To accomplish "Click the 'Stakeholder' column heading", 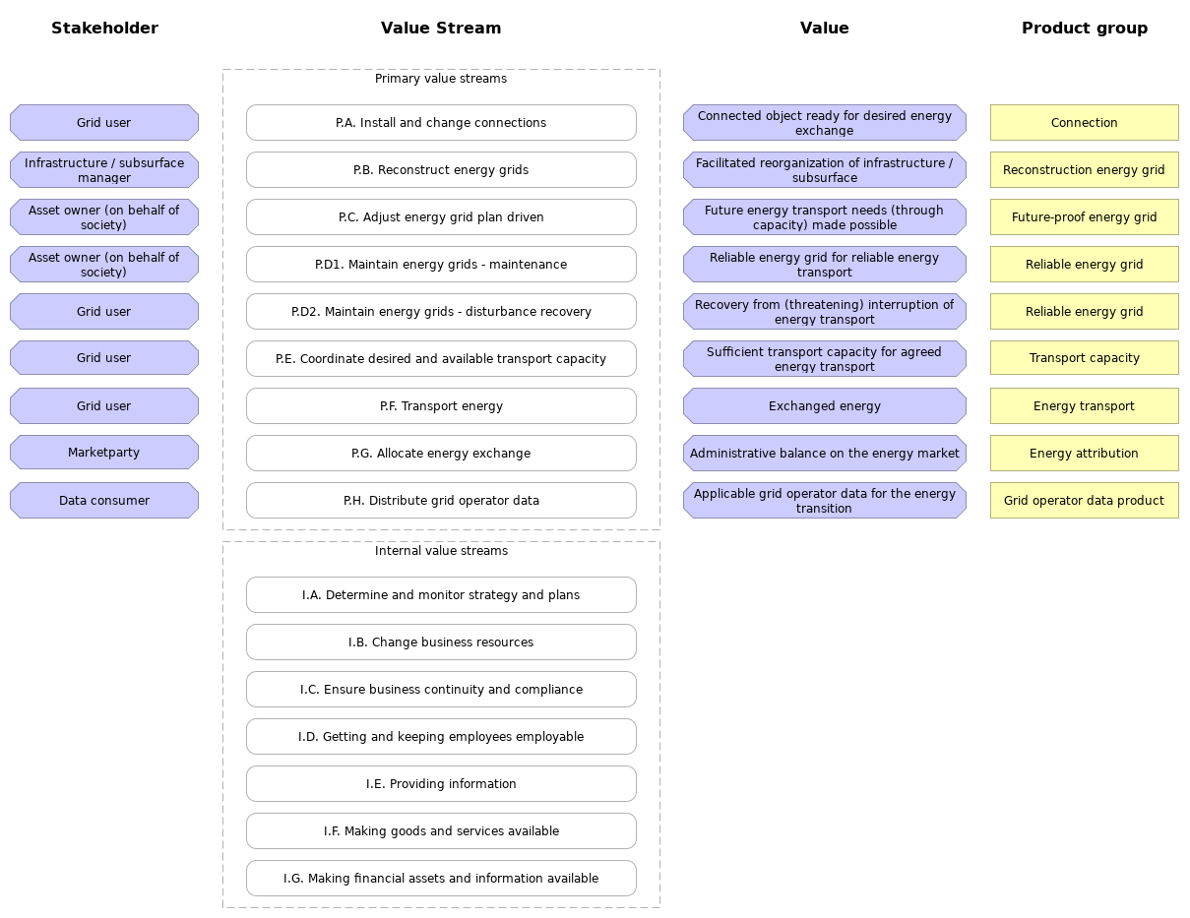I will [104, 29].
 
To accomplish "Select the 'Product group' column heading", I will [1084, 29].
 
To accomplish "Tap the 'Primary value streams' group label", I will [440, 79].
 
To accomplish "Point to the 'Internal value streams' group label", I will [441, 551].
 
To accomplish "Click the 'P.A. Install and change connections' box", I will [441, 123].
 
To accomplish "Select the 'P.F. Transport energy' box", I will [441, 406].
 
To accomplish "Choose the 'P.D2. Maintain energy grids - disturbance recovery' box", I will [441, 312].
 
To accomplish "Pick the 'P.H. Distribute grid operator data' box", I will [441, 501].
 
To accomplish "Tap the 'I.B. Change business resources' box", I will [441, 643].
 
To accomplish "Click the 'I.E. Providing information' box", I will [441, 784].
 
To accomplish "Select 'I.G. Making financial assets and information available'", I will [441, 879].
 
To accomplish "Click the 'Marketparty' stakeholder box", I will [104, 453].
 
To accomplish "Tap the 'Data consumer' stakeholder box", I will [104, 501].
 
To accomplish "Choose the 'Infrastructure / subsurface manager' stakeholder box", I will [104, 170].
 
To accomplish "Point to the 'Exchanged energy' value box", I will [825, 406].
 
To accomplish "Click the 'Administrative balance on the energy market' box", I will [825, 454].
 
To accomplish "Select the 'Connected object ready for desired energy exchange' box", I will [825, 123].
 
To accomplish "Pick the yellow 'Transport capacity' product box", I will [1084, 358].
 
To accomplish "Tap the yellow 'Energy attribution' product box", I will [1084, 454].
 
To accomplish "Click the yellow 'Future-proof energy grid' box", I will [1084, 217].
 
